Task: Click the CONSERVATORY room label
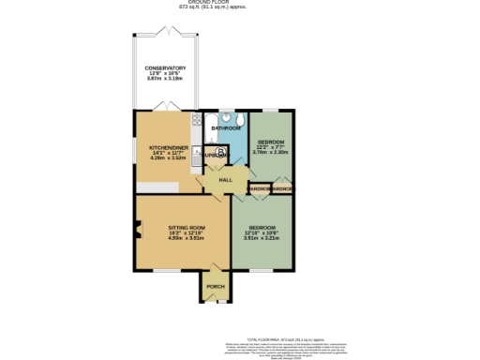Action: tap(165, 68)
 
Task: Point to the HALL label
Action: tap(225, 179)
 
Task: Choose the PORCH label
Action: tap(216, 286)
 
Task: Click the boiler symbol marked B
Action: tap(220, 153)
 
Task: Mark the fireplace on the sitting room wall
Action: tap(138, 228)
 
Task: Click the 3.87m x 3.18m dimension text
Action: tap(165, 80)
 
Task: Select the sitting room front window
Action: tap(169, 271)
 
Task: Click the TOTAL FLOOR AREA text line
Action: tap(285, 337)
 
